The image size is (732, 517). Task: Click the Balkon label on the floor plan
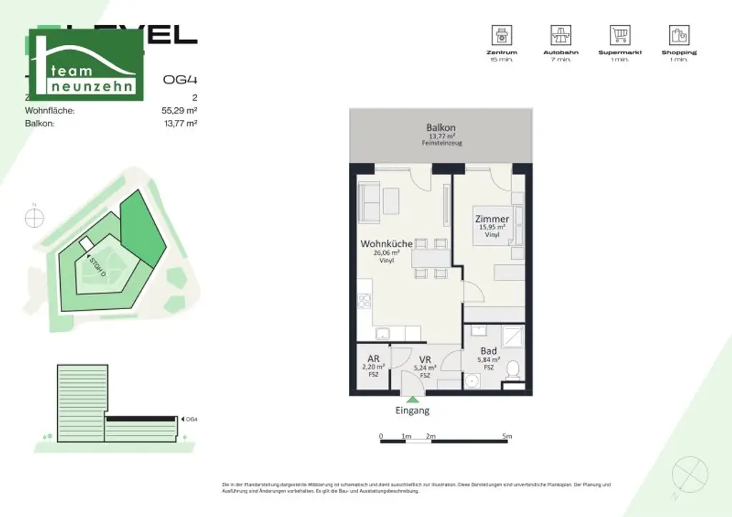tap(441, 128)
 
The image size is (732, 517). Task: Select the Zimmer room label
tap(493, 219)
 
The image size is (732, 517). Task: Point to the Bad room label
tap(489, 351)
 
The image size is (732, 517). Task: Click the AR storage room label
tap(373, 358)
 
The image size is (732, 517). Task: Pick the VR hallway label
tap(425, 359)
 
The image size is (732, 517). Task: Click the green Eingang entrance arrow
tap(412, 400)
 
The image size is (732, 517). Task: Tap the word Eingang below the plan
tap(412, 411)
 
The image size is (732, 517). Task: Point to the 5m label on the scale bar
tap(507, 436)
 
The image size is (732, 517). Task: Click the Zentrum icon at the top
tap(503, 35)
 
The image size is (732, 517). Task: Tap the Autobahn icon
tap(560, 35)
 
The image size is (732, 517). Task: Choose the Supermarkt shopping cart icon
tap(620, 35)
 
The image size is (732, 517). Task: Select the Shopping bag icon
tap(679, 35)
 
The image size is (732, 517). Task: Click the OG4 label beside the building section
tap(191, 419)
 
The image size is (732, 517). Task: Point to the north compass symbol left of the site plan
tap(34, 218)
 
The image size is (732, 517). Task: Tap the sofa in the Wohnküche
tap(370, 201)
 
